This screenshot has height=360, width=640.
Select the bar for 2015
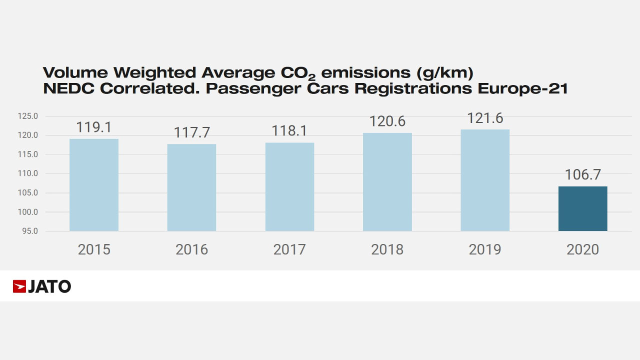(94, 185)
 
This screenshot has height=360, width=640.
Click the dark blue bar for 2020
(583, 208)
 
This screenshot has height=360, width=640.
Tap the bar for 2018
(387, 182)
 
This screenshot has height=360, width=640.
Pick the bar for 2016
(191, 187)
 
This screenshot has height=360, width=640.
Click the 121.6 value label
(485, 118)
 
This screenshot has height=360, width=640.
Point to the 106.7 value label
(583, 174)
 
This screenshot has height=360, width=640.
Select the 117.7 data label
(191, 132)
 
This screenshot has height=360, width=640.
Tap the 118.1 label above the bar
(289, 131)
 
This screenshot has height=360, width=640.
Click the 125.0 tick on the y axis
(27, 116)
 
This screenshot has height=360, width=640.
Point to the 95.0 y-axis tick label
(30, 231)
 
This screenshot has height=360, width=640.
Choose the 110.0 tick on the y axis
(27, 173)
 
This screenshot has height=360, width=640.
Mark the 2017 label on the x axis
(289, 249)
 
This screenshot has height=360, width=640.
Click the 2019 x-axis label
(485, 249)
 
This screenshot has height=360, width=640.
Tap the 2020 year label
(583, 249)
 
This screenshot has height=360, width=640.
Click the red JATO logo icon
(19, 286)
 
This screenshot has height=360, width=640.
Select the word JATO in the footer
(49, 286)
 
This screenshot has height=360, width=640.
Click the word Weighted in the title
(154, 73)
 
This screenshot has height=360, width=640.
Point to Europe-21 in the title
(522, 88)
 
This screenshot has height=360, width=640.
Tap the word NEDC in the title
(68, 88)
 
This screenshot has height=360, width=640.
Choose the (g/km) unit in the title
(445, 73)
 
